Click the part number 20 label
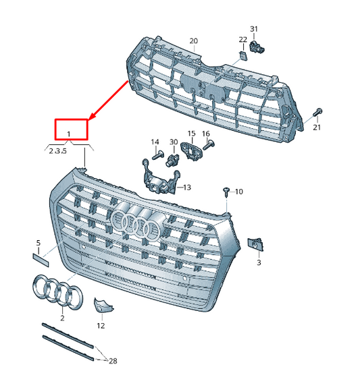coord(194,41)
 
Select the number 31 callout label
coord(254,29)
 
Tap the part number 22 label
coord(242,40)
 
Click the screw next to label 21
coord(319,112)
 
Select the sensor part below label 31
coord(257,47)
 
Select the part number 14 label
coord(155,142)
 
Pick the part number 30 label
coord(173,142)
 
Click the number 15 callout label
coord(191,134)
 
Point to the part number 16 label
coord(206,134)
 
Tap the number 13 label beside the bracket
coord(186,187)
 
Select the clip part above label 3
coord(256,244)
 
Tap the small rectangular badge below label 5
coord(40,255)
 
